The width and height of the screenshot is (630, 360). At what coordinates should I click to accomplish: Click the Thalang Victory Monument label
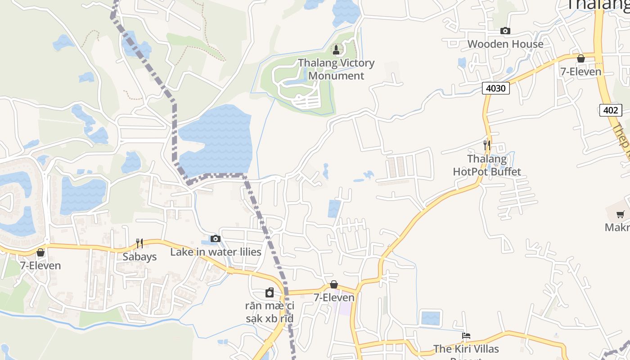tap(336, 69)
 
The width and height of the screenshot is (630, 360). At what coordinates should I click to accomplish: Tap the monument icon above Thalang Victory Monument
tap(336, 49)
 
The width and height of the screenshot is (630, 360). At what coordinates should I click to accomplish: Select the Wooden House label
tap(505, 44)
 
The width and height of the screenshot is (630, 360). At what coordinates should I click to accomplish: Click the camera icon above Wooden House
tap(505, 31)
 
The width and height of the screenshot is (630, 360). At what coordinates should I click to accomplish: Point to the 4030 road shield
tap(496, 88)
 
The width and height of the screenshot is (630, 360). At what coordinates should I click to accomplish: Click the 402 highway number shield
tap(611, 110)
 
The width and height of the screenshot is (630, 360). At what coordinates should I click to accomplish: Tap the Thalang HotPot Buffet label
tap(487, 165)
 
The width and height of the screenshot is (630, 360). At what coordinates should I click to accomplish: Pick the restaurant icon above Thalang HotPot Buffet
tap(487, 145)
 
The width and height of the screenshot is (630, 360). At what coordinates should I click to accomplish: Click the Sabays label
tap(139, 257)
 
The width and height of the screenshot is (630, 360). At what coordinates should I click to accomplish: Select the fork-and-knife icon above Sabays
tap(139, 243)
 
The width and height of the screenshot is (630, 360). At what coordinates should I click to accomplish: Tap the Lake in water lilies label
tap(216, 252)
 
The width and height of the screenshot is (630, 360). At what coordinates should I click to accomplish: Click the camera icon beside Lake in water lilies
tap(216, 238)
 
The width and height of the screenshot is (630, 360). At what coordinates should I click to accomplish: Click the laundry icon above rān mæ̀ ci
tap(270, 293)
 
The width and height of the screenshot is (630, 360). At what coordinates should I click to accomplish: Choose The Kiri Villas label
tap(466, 349)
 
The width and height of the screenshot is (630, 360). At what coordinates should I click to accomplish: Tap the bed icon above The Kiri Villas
tap(466, 336)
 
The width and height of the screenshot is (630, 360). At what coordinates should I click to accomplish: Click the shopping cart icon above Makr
tap(621, 214)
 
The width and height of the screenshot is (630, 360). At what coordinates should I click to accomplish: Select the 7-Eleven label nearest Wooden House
tap(580, 72)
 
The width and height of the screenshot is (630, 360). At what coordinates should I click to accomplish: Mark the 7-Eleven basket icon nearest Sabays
tap(40, 252)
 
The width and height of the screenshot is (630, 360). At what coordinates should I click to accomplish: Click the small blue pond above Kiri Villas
tap(431, 318)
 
